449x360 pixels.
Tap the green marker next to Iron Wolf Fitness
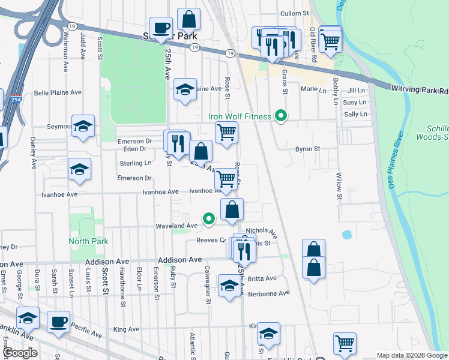280,116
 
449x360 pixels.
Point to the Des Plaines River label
401,160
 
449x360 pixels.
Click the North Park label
88,241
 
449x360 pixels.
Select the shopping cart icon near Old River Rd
330,40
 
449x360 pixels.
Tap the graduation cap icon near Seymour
83,126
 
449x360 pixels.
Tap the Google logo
20,353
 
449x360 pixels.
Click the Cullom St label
294,13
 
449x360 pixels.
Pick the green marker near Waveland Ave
209,220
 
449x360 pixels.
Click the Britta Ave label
262,278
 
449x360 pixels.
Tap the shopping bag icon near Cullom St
188,19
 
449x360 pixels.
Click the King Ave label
126,329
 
